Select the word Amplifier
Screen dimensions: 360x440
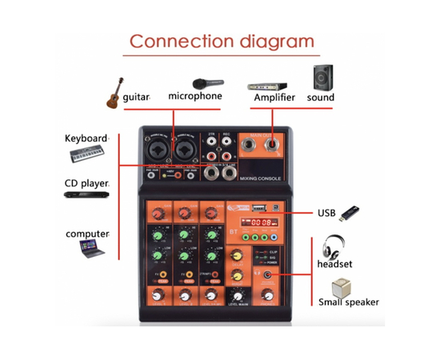(274, 98)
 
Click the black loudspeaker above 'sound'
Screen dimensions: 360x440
(323, 78)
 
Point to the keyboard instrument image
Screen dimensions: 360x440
(86, 154)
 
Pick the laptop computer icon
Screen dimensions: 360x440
(90, 250)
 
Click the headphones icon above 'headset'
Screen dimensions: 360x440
(334, 246)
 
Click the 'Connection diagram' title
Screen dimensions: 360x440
(222, 42)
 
